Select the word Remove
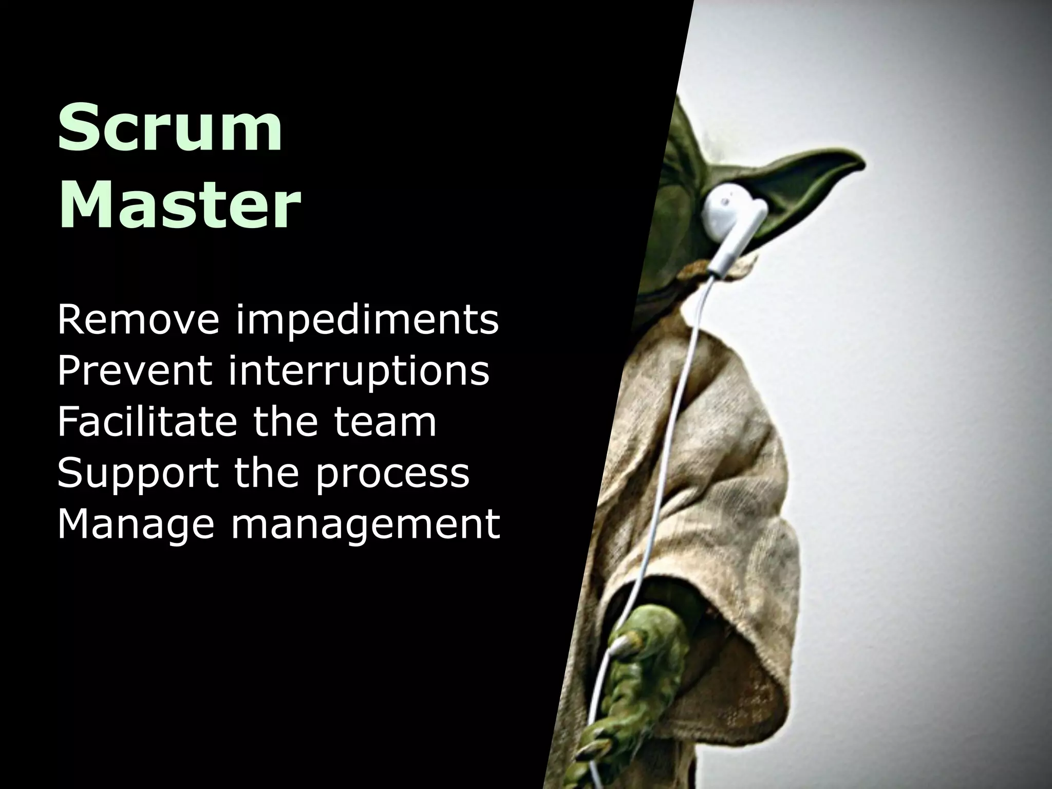(138, 320)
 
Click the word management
(366, 525)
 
